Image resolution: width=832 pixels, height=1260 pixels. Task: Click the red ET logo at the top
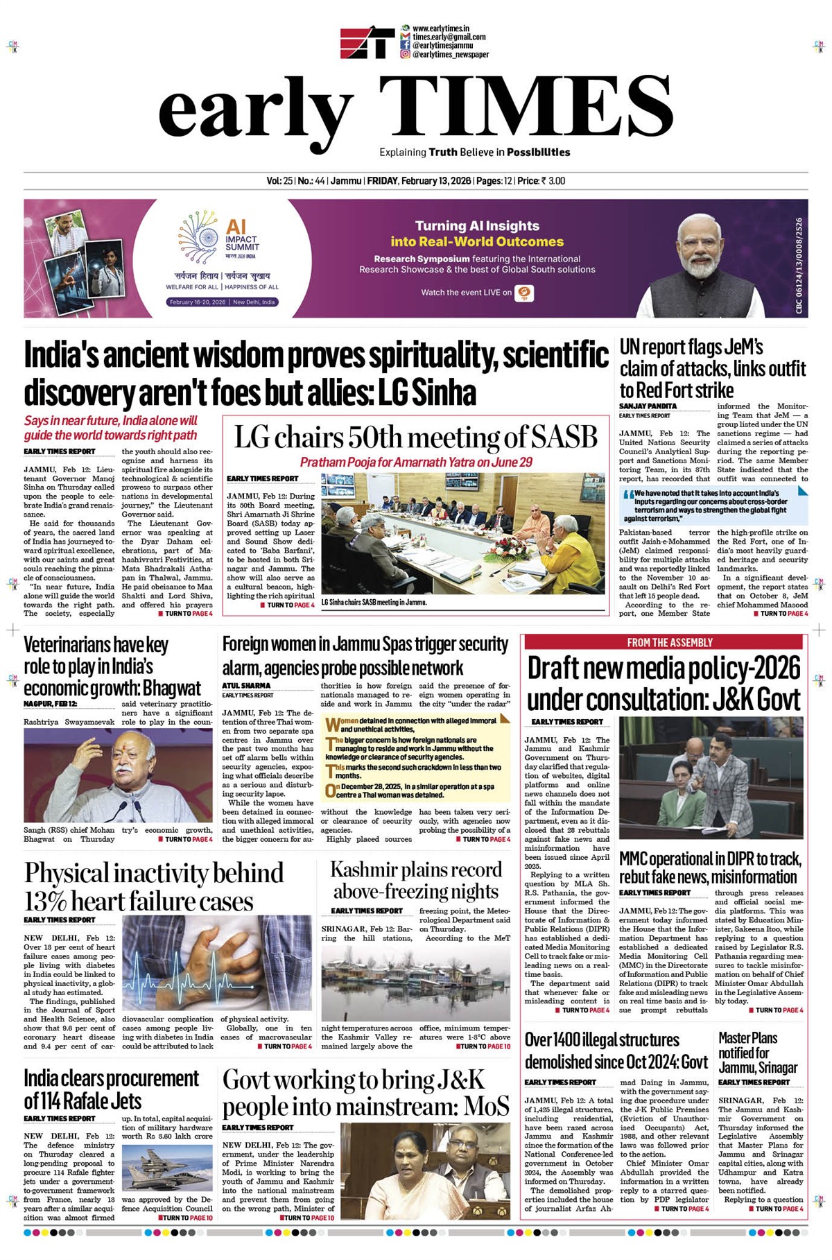point(367,42)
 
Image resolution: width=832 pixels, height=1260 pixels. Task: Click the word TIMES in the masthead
point(517,107)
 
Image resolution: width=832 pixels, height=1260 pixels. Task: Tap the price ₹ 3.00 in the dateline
point(553,181)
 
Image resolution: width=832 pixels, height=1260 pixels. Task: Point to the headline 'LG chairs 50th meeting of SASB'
point(415,438)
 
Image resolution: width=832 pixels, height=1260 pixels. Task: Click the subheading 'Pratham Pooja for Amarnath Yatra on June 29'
point(416,462)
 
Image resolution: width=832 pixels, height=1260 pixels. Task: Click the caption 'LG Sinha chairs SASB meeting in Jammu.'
point(374,603)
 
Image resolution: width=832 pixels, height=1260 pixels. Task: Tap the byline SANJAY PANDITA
point(648,406)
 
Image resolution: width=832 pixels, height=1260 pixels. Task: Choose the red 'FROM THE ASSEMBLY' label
point(670,643)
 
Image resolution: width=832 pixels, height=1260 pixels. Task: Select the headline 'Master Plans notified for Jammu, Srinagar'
point(758,1052)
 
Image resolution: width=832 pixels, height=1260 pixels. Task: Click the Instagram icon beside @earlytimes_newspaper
point(405,54)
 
